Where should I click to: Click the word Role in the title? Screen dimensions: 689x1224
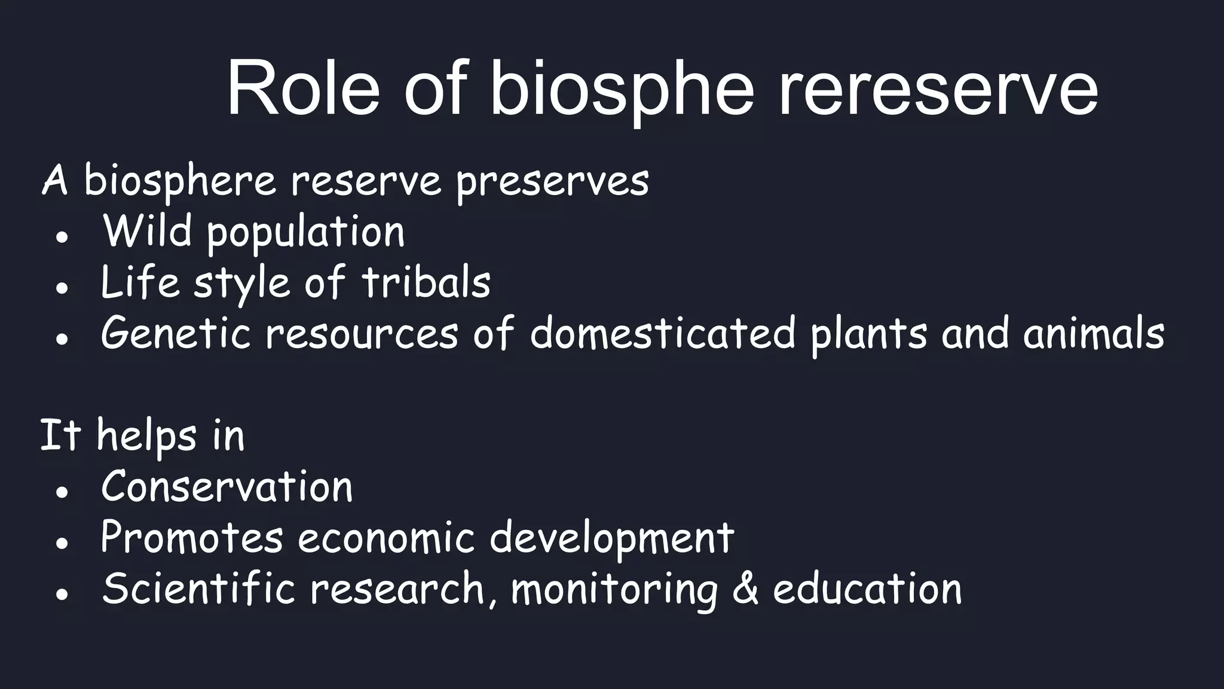click(303, 89)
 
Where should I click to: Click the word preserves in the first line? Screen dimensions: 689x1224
click(552, 181)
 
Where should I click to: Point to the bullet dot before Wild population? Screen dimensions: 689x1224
click(62, 237)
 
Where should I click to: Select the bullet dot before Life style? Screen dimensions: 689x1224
click(62, 288)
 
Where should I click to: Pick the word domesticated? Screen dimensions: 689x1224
click(662, 333)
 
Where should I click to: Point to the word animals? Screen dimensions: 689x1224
click(1094, 333)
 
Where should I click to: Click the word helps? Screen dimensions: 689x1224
click(146, 436)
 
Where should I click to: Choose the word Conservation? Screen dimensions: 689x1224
click(227, 486)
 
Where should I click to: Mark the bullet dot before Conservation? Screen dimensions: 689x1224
click(62, 492)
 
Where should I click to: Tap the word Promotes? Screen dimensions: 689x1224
click(192, 537)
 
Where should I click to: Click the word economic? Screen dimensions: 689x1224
click(386, 537)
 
